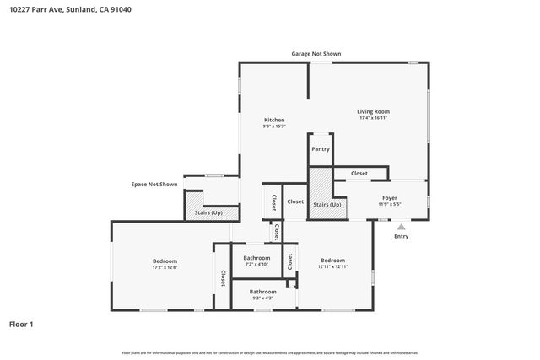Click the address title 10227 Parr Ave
[69, 10]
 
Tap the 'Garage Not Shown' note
[316, 53]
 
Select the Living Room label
[373, 111]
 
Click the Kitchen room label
[274, 120]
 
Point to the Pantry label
[321, 149]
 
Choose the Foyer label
[389, 198]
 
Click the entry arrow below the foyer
[402, 226]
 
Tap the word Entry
[402, 236]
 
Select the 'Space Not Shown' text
[154, 184]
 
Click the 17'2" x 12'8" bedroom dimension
[165, 268]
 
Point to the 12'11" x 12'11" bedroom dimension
[332, 266]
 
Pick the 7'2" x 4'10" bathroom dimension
[256, 265]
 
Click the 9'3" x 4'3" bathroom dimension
[262, 298]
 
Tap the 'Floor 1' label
[21, 324]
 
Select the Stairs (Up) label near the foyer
[327, 205]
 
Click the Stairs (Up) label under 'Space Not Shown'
[209, 212]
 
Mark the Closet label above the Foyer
[359, 173]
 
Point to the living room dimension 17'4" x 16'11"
[373, 119]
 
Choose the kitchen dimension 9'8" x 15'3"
[274, 126]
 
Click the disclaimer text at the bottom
[270, 352]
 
